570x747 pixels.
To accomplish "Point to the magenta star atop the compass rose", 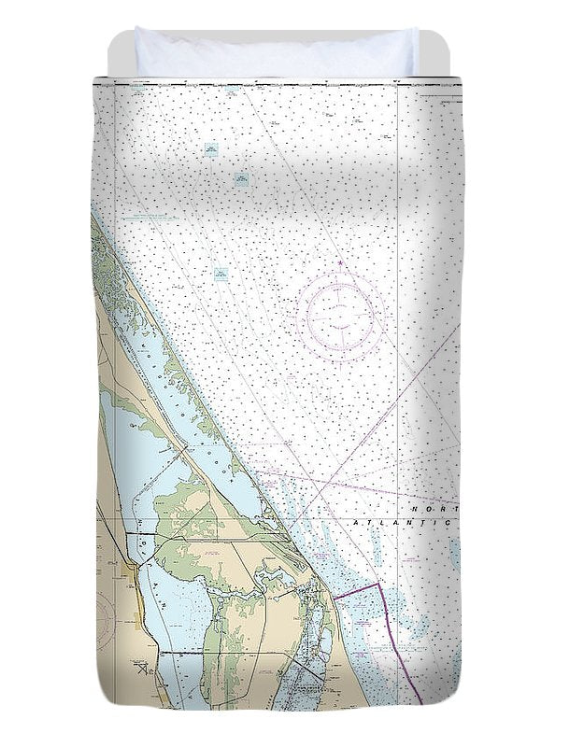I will coord(341,263).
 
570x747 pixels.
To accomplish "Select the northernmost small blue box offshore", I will coord(211,148).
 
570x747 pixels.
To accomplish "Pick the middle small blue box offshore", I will coord(242,178).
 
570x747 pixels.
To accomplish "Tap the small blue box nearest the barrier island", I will coord(221,274).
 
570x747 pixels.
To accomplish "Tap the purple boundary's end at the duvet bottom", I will coord(421,702).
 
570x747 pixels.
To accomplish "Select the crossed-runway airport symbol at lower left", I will coord(142,669).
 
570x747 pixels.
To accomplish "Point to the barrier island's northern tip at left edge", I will coord(93,217).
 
